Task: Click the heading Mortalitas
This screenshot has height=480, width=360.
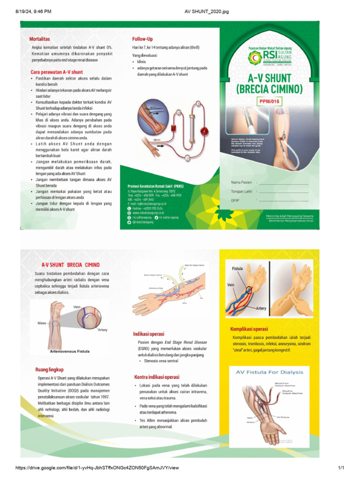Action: point(40,39)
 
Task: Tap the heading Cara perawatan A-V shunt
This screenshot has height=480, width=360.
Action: point(56,72)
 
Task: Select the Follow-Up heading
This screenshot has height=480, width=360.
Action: point(142,39)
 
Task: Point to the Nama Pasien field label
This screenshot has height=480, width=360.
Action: point(241,182)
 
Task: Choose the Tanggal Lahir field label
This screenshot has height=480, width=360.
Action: point(242,191)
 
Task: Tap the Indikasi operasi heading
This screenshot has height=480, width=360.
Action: point(149,334)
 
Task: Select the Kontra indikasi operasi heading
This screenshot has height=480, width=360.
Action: point(156,377)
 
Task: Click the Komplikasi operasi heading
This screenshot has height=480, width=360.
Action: point(252,329)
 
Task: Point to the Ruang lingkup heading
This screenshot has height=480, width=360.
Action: point(49,369)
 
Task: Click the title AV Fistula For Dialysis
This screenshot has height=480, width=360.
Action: point(269,372)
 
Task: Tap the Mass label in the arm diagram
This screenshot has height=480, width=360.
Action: point(42,323)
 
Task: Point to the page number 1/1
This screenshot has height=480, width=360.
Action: point(341,468)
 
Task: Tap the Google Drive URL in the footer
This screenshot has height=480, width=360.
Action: point(97,468)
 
